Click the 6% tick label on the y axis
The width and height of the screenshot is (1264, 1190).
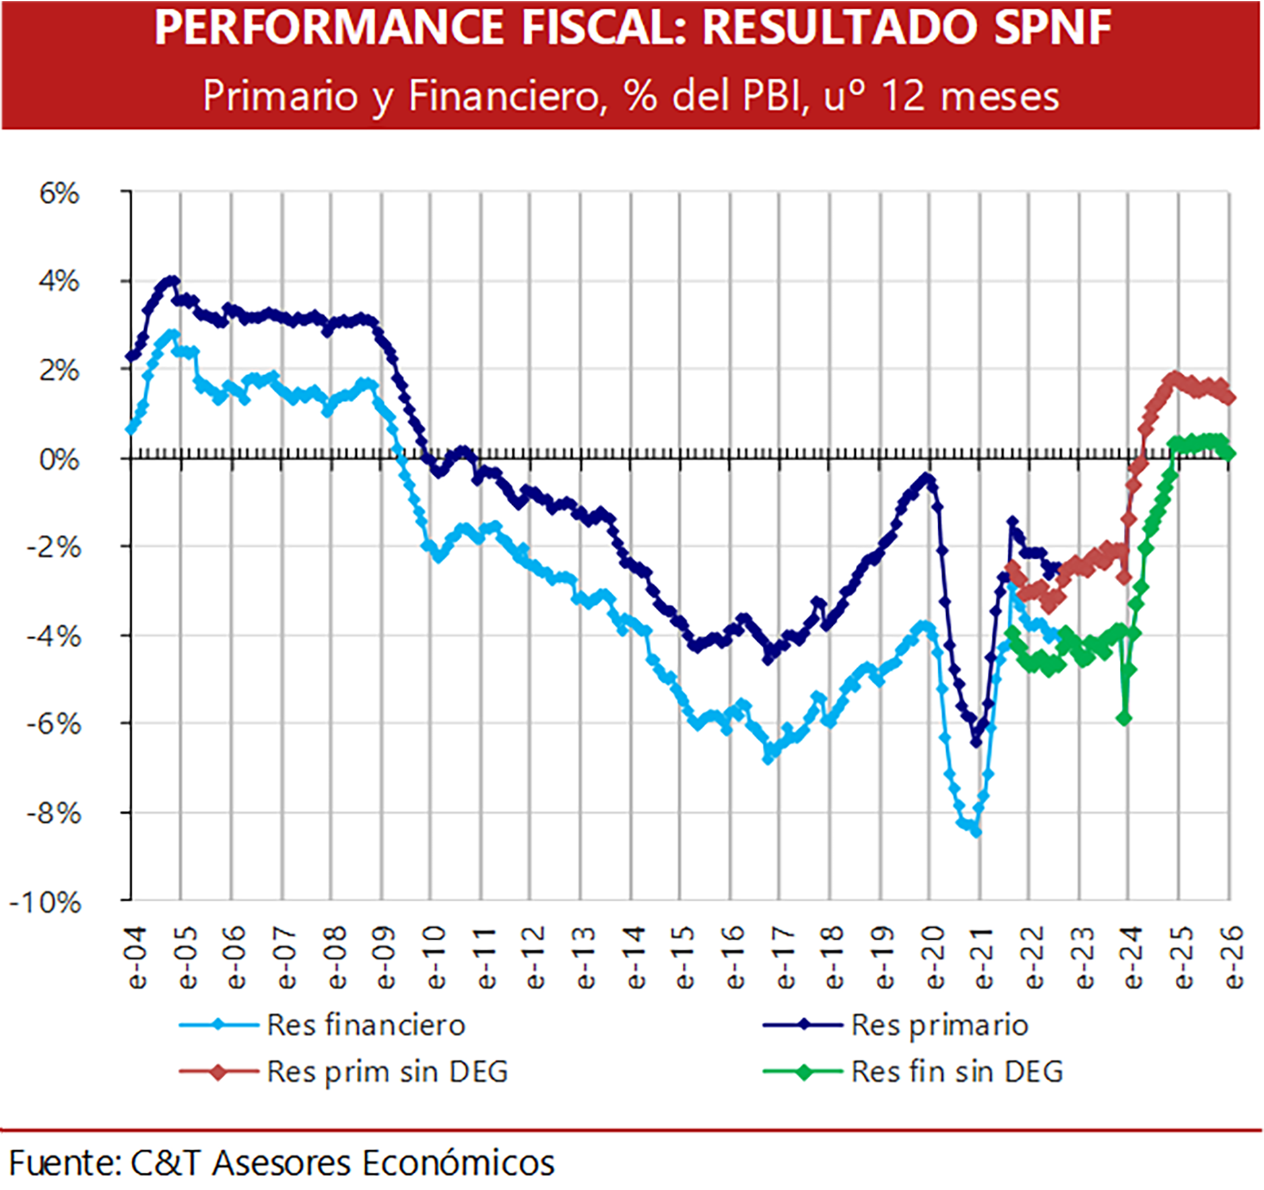point(59,194)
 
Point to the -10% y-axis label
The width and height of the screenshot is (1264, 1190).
point(46,902)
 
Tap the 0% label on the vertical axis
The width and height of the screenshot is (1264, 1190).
point(59,460)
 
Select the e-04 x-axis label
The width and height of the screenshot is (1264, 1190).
point(138,958)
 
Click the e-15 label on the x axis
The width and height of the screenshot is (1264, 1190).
point(685,958)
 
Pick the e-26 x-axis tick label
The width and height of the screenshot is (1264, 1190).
point(1234,958)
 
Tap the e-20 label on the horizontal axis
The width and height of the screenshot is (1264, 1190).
point(935,958)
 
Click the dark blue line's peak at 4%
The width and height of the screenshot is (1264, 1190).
point(172,281)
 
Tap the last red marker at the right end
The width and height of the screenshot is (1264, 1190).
point(1228,398)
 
